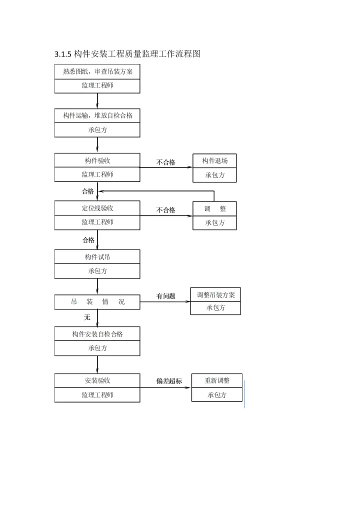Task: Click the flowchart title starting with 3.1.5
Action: [127, 54]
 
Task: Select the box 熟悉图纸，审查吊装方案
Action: [97, 71]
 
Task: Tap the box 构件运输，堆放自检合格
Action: [97, 115]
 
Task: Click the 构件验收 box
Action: [97, 160]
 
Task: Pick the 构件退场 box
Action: [215, 160]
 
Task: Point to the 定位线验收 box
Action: [97, 208]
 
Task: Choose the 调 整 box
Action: [215, 208]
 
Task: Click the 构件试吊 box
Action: [97, 257]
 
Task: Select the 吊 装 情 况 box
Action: [97, 302]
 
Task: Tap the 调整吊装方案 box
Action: [215, 295]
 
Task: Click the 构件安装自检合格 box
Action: [97, 334]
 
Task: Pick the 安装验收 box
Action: [97, 380]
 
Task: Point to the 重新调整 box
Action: [217, 380]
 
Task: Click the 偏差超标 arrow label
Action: [169, 381]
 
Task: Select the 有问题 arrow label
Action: [165, 296]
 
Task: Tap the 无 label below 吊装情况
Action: [87, 317]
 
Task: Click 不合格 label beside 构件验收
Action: [165, 162]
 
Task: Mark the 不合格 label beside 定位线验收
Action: [165, 210]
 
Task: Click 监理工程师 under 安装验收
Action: [97, 395]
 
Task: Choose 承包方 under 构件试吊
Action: [97, 271]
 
